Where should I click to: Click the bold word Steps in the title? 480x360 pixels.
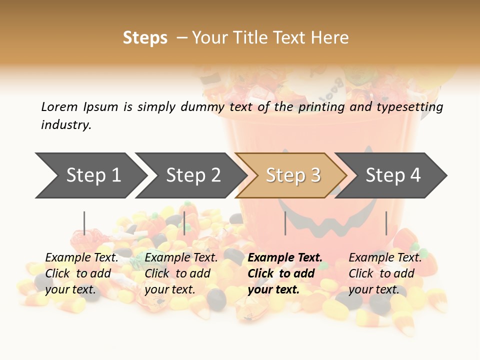[145, 37]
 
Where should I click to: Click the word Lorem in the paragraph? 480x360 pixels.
[59, 106]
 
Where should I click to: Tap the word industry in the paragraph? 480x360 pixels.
[65, 124]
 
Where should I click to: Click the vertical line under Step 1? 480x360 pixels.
[84, 223]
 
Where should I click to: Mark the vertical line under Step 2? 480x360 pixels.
[184, 223]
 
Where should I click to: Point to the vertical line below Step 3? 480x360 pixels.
[285, 223]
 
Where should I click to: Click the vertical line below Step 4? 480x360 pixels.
[386, 223]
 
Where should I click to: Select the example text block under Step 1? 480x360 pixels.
[81, 273]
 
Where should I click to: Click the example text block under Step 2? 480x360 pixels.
[181, 273]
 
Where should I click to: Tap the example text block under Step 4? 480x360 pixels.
[385, 273]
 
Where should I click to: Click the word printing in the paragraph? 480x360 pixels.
[321, 107]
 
